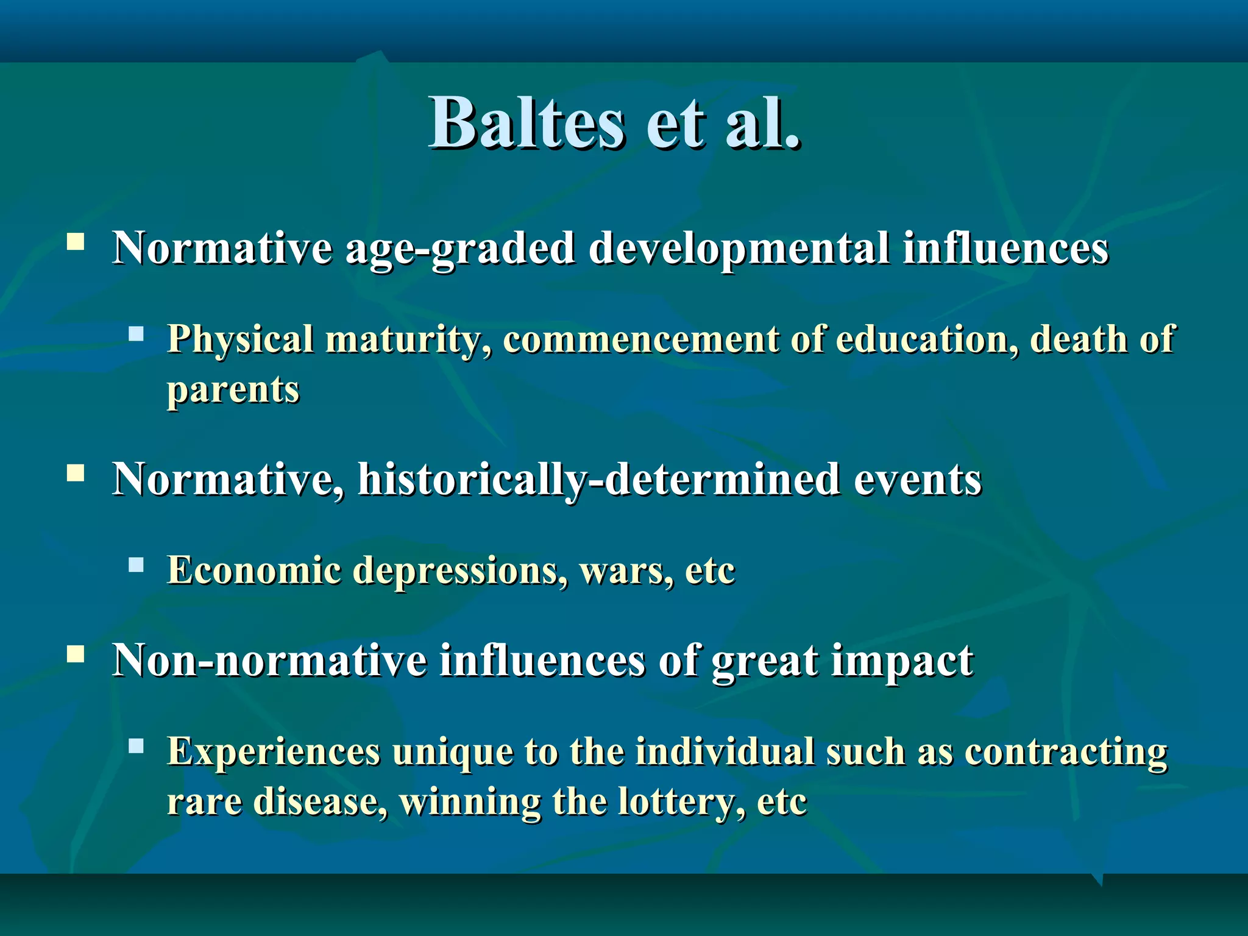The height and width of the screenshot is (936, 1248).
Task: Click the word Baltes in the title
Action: (527, 123)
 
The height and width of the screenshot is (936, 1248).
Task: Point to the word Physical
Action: (240, 339)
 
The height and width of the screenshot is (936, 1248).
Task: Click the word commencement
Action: (640, 339)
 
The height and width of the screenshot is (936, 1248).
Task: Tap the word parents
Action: (233, 390)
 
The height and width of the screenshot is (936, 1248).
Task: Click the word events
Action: (917, 480)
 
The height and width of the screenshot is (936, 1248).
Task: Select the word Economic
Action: (254, 570)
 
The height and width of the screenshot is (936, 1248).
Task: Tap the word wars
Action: (625, 572)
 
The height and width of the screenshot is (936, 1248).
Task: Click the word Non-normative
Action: (269, 661)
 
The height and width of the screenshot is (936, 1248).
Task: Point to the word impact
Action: (902, 662)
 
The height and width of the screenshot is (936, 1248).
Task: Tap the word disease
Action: (319, 802)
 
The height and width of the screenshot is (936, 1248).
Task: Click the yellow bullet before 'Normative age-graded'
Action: (76, 242)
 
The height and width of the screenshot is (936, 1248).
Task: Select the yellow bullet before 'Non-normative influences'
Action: (76, 654)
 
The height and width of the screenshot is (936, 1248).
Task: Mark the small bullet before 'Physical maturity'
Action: (136, 333)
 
